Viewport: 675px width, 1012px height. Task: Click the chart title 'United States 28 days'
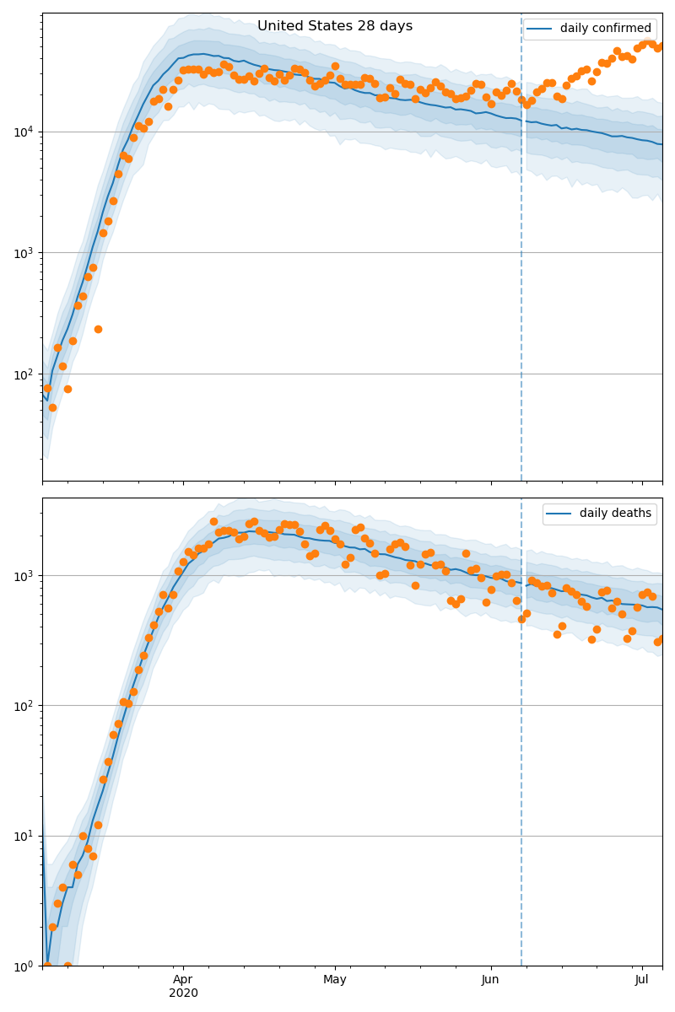(x=335, y=26)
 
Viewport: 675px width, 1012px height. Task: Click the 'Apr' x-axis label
(x=183, y=980)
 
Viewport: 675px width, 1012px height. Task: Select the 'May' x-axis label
(x=335, y=980)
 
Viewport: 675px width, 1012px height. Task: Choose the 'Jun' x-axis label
(x=490, y=980)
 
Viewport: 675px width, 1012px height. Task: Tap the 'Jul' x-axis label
(x=642, y=980)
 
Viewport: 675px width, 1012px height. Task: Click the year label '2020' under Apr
(x=183, y=993)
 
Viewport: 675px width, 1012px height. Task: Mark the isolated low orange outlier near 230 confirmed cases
(x=98, y=329)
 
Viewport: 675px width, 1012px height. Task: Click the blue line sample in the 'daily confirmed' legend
(x=540, y=29)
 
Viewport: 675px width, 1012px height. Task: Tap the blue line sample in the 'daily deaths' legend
(x=559, y=514)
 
